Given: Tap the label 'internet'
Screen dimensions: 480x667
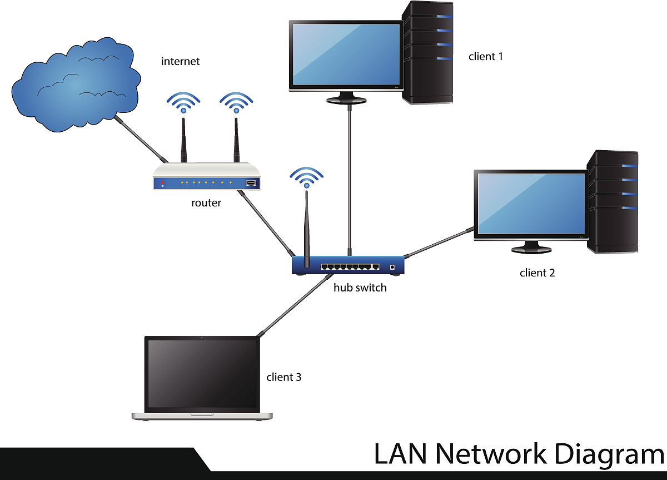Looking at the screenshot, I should click(x=180, y=61).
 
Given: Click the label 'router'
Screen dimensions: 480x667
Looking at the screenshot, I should click(x=206, y=203).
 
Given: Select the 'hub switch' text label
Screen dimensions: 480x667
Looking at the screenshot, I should click(x=360, y=288).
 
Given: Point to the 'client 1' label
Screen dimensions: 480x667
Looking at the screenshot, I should click(x=485, y=56).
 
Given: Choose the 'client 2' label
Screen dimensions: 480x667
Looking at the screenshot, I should click(x=537, y=273).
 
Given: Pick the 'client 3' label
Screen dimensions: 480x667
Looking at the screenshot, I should click(x=283, y=377).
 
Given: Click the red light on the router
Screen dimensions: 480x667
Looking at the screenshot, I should click(x=162, y=182).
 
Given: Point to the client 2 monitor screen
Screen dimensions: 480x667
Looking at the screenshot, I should click(x=531, y=204).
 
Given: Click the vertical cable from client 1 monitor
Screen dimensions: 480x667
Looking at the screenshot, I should click(x=349, y=178).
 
